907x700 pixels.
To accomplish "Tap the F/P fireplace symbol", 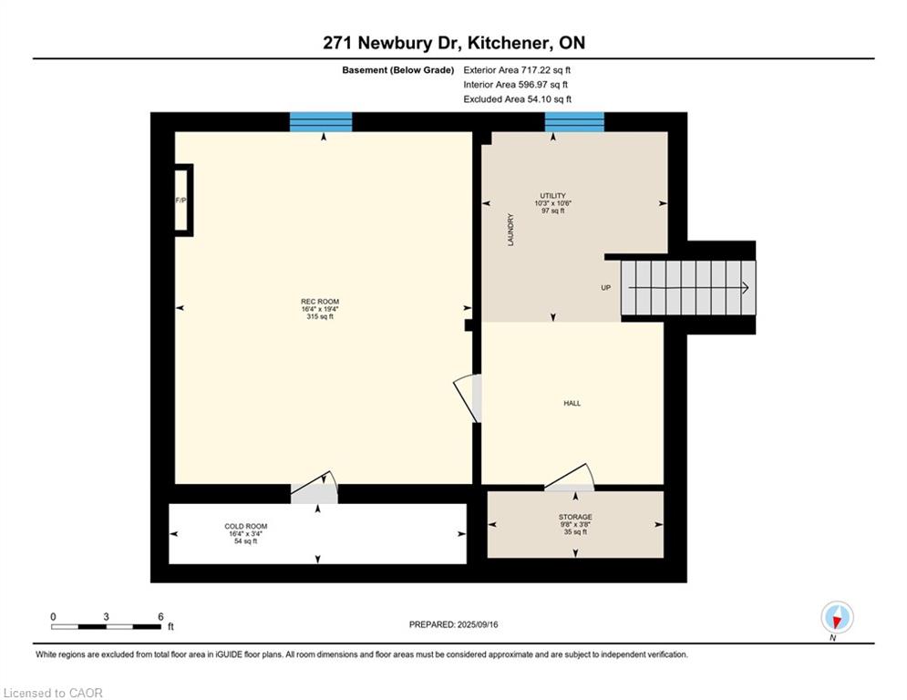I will click(x=182, y=201).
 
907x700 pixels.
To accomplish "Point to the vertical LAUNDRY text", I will click(x=511, y=230).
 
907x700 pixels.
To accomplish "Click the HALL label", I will click(x=572, y=403).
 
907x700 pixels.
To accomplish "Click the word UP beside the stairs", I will click(x=605, y=288).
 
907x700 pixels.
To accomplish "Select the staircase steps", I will click(x=688, y=288).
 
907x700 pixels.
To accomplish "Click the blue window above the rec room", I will click(x=321, y=122).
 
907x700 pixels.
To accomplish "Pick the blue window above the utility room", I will click(x=574, y=122).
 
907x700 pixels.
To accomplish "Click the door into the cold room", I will click(x=314, y=489).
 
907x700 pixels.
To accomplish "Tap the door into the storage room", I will click(x=569, y=479).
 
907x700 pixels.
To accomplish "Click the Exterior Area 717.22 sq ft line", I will click(x=517, y=69).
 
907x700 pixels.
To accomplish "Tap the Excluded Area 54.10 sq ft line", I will click(x=517, y=99).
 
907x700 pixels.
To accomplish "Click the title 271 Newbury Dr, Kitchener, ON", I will click(x=453, y=43).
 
